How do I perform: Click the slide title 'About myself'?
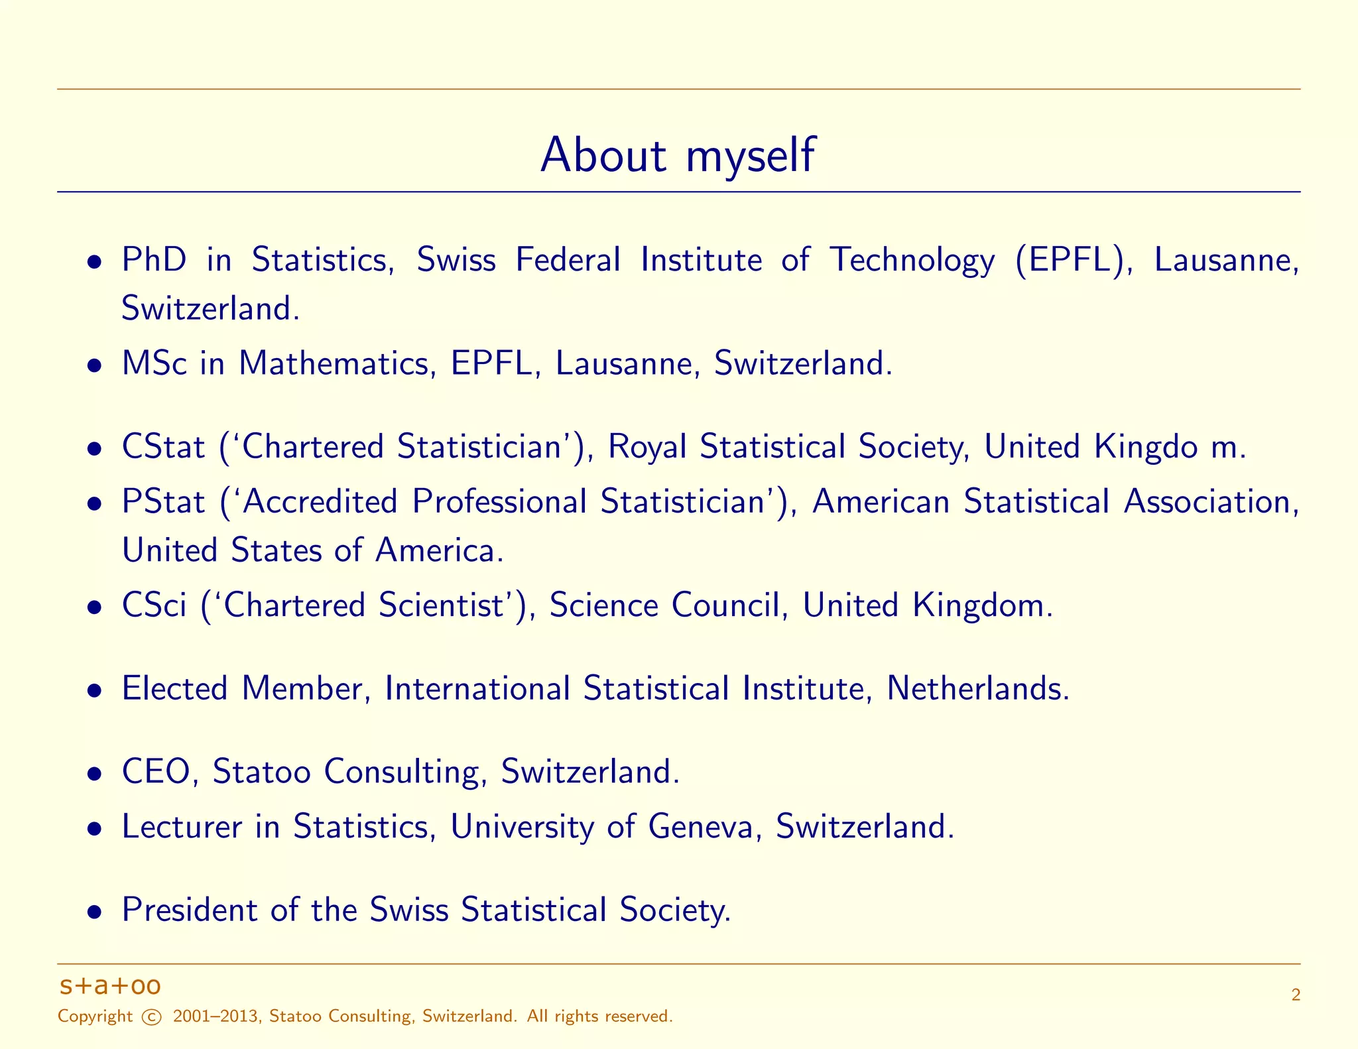678,155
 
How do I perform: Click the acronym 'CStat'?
163,447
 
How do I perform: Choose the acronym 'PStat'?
163,501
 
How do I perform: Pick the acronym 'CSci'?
154,605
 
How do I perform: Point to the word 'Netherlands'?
977,688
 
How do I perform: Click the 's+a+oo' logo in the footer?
110,986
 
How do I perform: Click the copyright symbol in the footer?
152,1017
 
